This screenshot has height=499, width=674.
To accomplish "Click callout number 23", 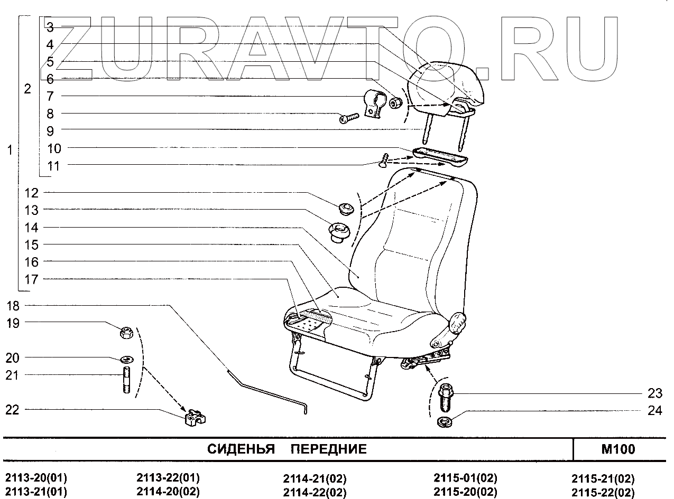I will point(654,393).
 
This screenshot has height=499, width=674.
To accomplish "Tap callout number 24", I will point(654,410).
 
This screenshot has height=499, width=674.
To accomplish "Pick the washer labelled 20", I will point(126,360).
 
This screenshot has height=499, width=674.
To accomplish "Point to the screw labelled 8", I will point(349,118).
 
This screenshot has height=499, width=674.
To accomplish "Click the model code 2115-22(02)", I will point(603,493).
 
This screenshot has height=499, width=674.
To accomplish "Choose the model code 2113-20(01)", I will point(36,479).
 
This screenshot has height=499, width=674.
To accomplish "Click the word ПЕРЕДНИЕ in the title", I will point(329,450).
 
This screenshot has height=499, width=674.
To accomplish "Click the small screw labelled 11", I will point(384,159).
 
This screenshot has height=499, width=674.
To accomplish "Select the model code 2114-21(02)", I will point(315,479).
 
